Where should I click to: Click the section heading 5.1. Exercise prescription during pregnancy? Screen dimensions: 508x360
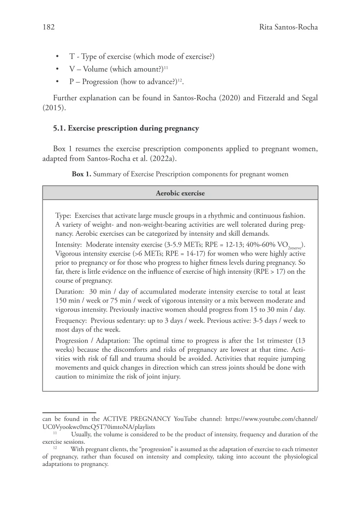tap(126, 128)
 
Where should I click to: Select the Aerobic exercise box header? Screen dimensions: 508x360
tap(180, 193)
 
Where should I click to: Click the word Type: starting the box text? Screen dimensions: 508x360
tap(65, 216)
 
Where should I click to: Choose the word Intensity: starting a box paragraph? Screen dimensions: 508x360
tap(69, 244)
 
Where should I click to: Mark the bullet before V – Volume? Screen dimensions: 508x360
tap(58, 69)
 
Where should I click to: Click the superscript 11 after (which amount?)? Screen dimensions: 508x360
tap(167, 67)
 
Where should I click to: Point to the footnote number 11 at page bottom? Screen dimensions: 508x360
tap(55, 432)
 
